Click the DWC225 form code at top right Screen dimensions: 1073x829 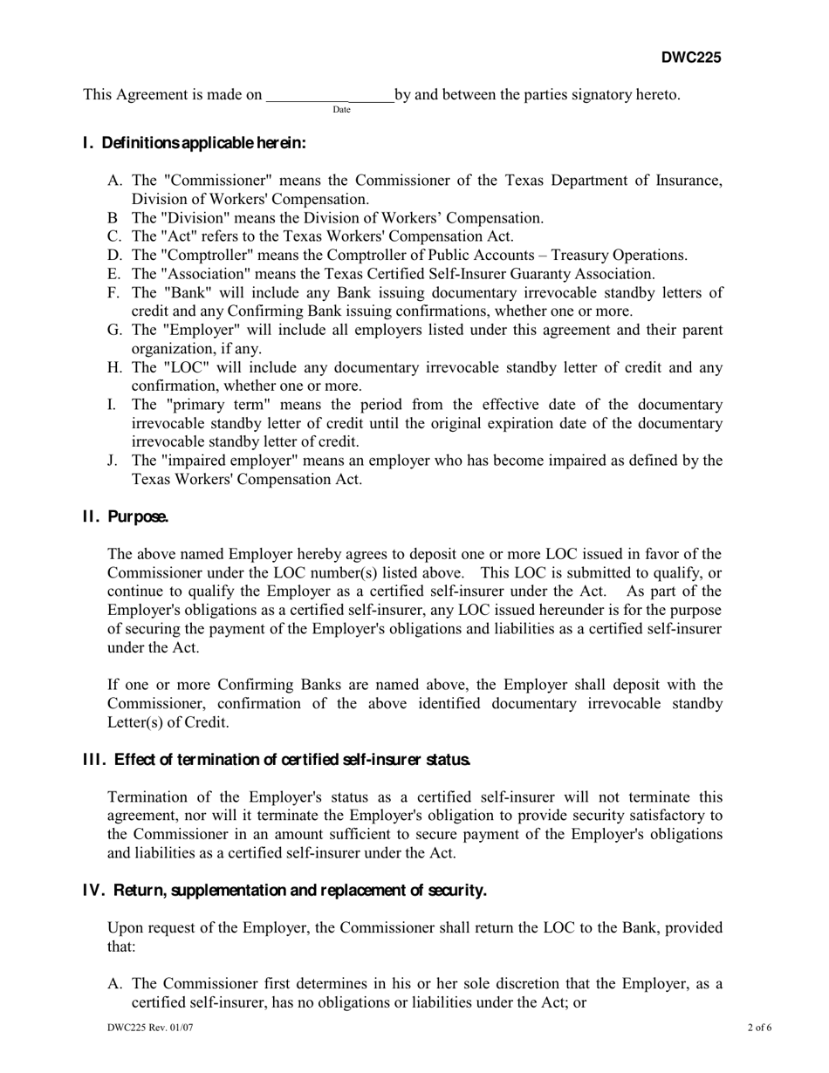pos(690,58)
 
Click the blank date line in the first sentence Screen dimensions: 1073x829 pos(329,95)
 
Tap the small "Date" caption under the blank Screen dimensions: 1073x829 pos(341,110)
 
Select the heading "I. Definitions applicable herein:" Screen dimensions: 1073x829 pos(194,143)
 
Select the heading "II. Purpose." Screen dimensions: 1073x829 pos(126,516)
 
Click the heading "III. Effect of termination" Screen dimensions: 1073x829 pos(277,760)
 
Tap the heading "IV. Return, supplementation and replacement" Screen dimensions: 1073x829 pos(284,891)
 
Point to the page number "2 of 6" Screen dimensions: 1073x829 pos(759,1029)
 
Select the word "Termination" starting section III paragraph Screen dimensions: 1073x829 pos(147,797)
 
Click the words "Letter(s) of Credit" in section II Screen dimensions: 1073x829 pos(168,722)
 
